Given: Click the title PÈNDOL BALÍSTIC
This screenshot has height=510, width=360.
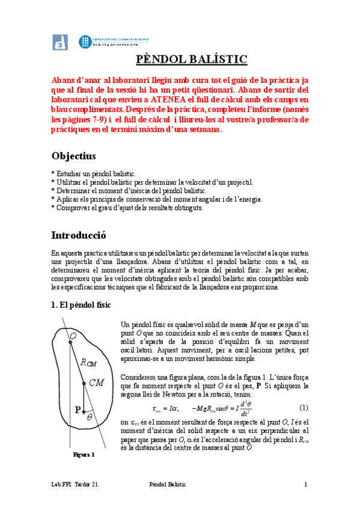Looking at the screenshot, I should (188, 60).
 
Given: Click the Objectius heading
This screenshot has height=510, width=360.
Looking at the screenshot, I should (74, 156).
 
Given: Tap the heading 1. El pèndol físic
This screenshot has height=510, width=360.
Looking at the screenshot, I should (81, 306).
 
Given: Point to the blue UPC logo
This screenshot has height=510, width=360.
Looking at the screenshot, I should (85, 42).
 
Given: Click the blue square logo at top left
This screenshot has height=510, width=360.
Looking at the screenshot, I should (60, 43).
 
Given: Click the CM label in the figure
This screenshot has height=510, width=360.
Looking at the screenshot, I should (96, 382).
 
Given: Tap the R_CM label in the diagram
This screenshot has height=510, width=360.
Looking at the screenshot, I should (88, 362).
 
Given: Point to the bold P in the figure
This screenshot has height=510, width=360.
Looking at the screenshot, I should (78, 410).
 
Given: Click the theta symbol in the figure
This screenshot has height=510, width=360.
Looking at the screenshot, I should (90, 416).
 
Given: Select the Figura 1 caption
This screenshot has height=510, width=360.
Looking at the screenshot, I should (84, 455).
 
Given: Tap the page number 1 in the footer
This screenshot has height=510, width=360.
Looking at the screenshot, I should (305, 484).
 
